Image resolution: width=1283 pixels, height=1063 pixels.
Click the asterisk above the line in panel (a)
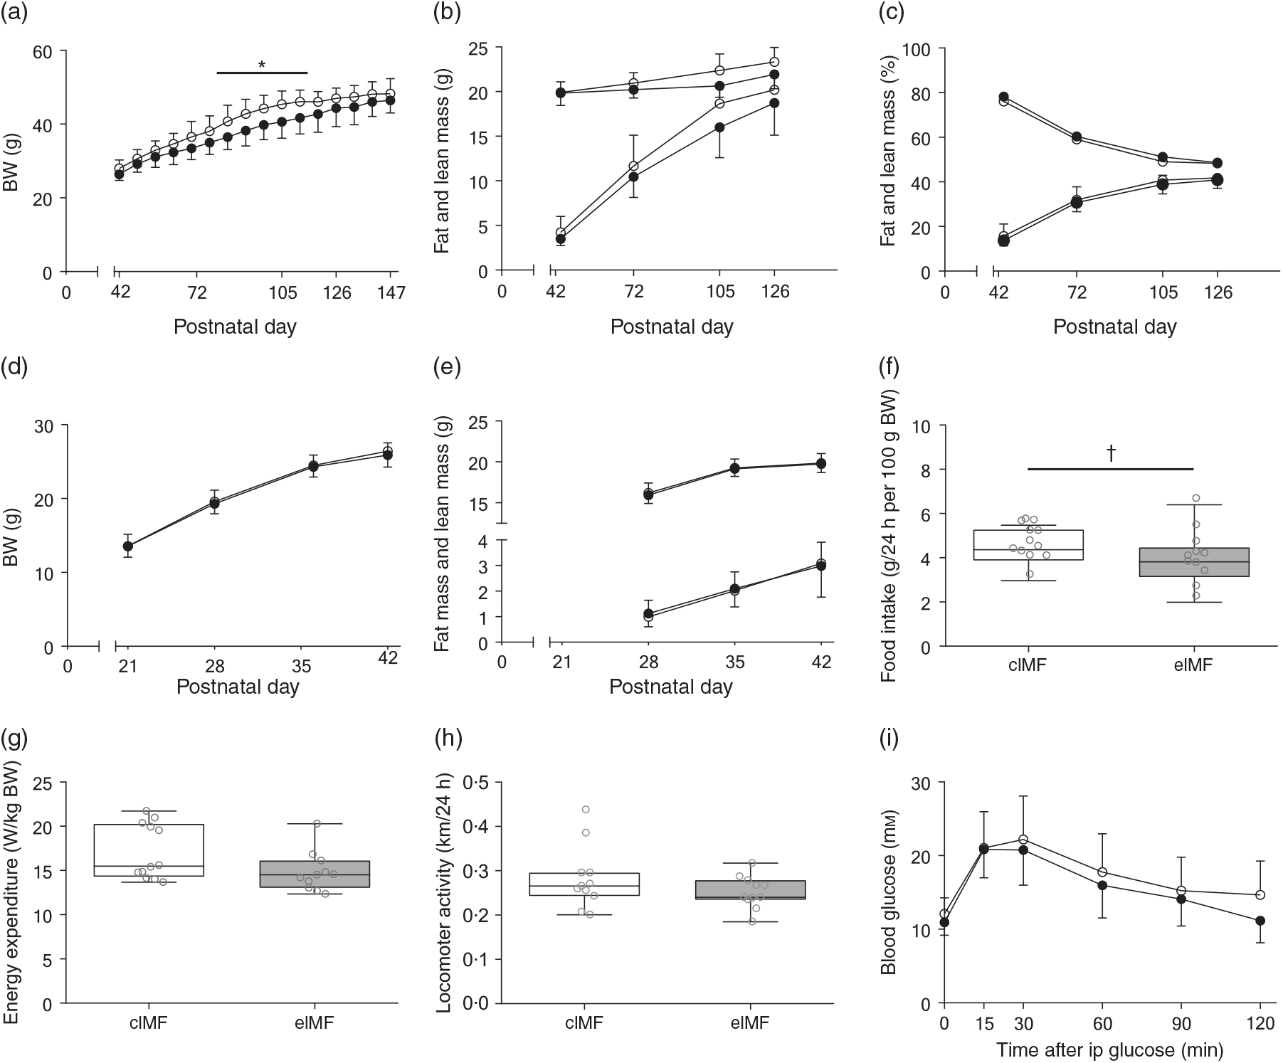tap(262, 65)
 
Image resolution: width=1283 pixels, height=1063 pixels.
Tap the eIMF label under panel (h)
tap(749, 1022)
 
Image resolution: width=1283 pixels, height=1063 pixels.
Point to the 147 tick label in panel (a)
tap(391, 292)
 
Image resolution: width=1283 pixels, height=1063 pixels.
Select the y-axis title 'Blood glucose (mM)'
tap(889, 893)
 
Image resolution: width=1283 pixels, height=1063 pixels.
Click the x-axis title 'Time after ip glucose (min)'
tap(1109, 1049)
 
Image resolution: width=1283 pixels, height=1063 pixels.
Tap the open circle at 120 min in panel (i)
tap(1260, 895)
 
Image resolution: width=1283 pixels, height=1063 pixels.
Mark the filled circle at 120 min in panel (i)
tap(1260, 921)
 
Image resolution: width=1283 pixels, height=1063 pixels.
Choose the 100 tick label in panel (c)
tap(917, 49)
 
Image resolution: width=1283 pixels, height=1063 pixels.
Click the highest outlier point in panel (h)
tap(586, 809)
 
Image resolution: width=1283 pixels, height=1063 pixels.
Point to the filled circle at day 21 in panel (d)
tap(127, 546)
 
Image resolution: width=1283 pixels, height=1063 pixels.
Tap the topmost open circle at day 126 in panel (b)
tap(774, 62)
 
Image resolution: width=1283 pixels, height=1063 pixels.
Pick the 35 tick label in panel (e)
tap(734, 662)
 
